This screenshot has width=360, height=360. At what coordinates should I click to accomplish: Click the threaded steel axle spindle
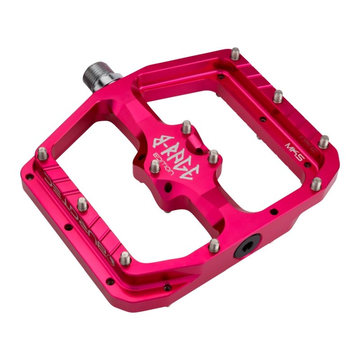point(100,73)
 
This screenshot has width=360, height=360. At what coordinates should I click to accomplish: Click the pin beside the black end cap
point(215,245)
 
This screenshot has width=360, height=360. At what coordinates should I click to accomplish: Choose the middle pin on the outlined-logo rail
point(82,204)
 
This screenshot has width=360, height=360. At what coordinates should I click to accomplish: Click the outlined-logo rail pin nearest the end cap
point(126,258)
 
